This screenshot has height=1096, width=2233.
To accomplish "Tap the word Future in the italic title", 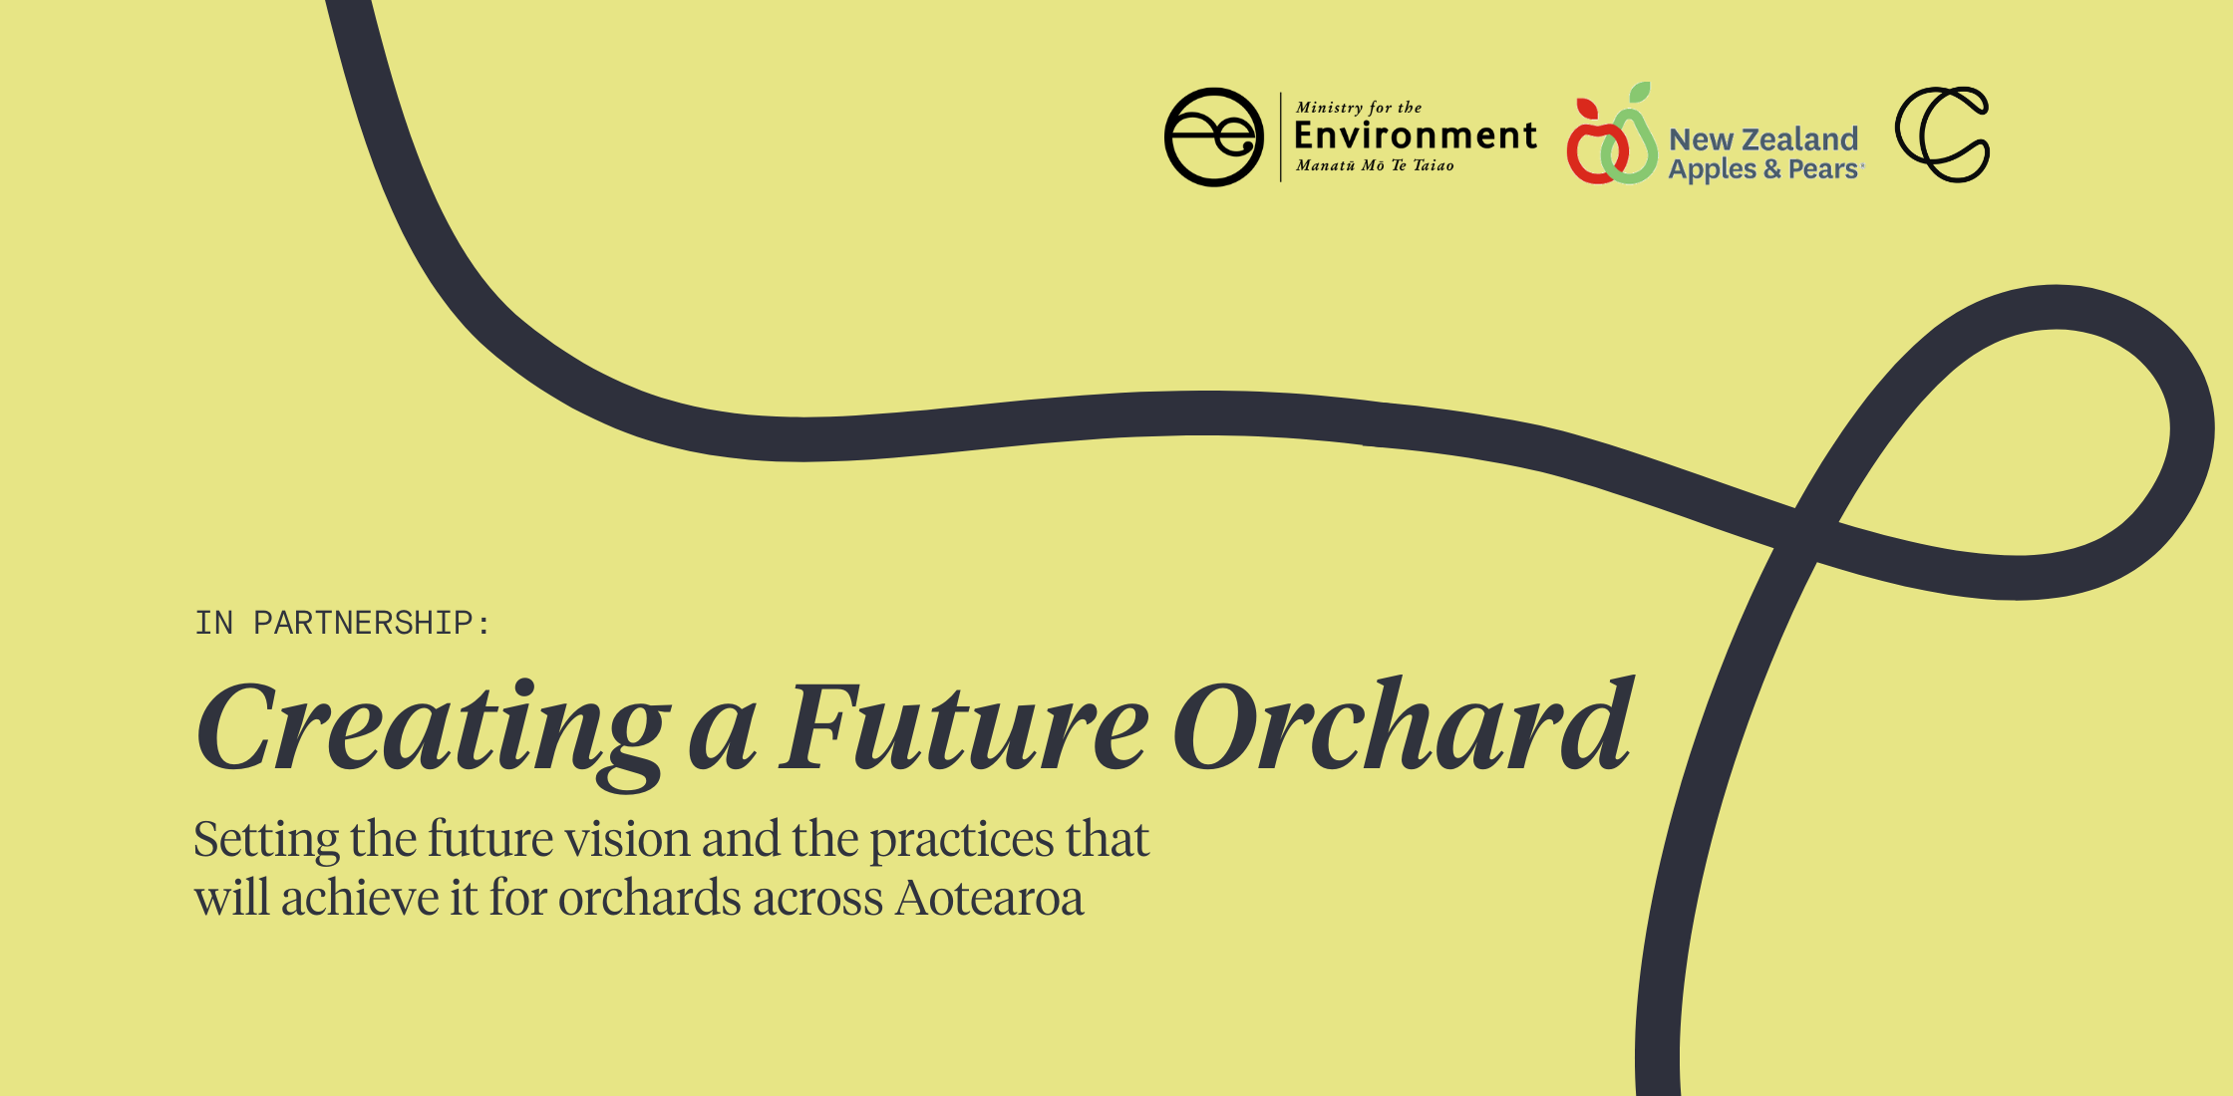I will (x=963, y=727).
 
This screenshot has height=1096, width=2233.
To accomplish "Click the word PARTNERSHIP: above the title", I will (x=372, y=623).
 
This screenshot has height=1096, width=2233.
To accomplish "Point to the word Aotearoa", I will (x=989, y=898).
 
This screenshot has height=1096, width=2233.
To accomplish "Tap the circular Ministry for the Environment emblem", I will (x=1214, y=137).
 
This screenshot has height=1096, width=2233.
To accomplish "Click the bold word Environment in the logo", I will (x=1416, y=136).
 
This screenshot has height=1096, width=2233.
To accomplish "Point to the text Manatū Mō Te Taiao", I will (x=1375, y=166).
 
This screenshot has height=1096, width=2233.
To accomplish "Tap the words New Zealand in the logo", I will (x=1763, y=138).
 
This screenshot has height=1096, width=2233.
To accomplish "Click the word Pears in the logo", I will (x=1823, y=169).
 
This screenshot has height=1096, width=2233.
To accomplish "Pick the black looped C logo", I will (x=1942, y=135).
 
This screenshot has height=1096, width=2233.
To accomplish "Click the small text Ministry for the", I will (x=1359, y=108).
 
